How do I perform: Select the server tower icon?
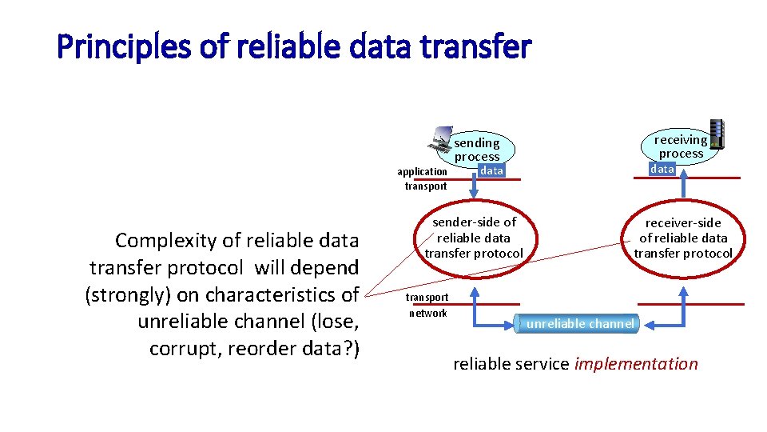pos(717,134)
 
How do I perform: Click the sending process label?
pos(477,150)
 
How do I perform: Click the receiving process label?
pos(681,146)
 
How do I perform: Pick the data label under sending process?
pos(492,170)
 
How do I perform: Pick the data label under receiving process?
pos(662,169)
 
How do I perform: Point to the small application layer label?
pos(422,171)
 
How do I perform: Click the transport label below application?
pos(426,186)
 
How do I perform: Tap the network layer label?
pos(428,313)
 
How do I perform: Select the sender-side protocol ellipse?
pos(474,238)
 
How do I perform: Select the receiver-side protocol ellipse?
pos(683,238)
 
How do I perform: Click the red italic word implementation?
pos(636,364)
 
